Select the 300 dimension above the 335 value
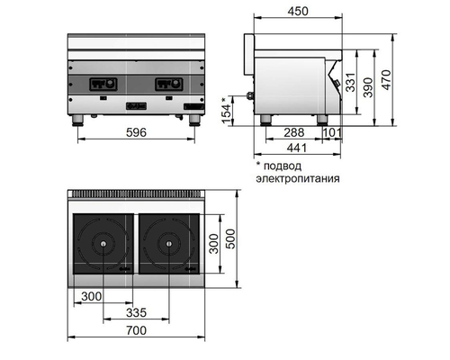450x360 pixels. coord(91,295)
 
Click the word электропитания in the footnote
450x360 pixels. coord(296,178)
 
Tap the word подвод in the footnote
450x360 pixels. coord(285,166)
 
